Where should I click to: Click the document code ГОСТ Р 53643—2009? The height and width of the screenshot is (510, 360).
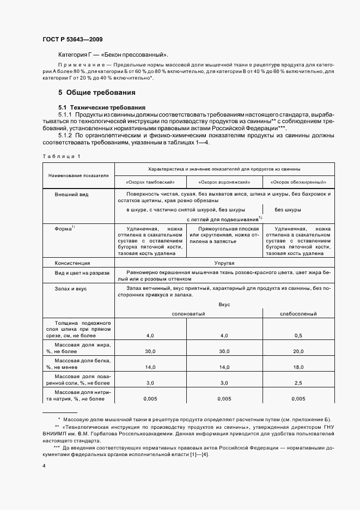[72, 40]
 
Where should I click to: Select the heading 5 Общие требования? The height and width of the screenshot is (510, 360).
[97, 93]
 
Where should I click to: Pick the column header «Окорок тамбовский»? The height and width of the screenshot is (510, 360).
[150, 182]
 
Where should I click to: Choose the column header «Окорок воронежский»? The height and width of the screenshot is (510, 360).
[224, 182]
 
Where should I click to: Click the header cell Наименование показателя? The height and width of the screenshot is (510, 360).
[78, 175]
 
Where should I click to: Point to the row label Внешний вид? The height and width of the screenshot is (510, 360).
[71, 194]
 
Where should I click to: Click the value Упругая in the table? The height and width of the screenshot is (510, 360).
[224, 262]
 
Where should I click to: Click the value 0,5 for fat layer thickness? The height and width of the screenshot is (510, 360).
[298, 335]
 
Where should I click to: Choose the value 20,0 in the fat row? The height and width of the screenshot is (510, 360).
[298, 351]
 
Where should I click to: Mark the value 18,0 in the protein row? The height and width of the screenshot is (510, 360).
[298, 368]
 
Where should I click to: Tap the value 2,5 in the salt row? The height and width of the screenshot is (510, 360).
[298, 384]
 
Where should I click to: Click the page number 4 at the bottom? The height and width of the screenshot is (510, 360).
[44, 466]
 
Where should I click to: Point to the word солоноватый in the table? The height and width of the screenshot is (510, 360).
[188, 313]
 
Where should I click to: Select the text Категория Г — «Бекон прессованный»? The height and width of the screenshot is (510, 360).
[113, 55]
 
